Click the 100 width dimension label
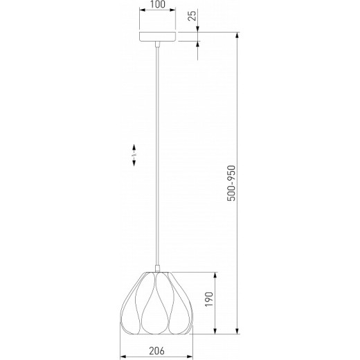click(158, 4)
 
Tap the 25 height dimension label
click(192, 16)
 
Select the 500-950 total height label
click(231, 183)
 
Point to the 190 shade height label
click(209, 299)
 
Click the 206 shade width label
click(157, 351)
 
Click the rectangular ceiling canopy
click(158, 37)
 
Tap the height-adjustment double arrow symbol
click(134, 155)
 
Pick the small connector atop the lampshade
click(158, 269)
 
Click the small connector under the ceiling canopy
click(157, 44)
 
